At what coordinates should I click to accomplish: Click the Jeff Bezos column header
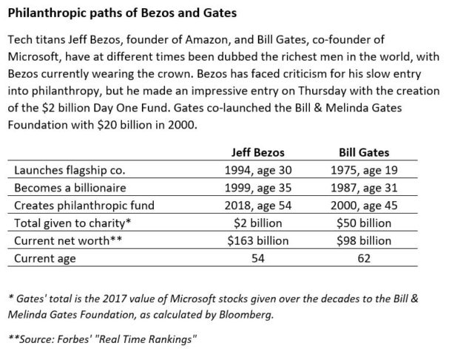tap(257, 152)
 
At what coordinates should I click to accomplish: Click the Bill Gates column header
tap(364, 152)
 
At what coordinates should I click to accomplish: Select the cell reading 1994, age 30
tap(258, 171)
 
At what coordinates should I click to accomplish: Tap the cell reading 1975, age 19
tap(364, 171)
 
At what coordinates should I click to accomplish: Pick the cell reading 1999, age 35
tap(258, 188)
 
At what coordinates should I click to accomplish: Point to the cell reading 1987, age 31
tap(364, 188)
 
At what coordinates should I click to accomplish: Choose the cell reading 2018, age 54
tap(258, 206)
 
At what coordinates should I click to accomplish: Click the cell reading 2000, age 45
tap(364, 206)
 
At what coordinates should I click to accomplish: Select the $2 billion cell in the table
tap(257, 223)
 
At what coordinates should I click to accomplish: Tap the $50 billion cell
tap(364, 223)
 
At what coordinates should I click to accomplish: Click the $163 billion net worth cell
tap(258, 240)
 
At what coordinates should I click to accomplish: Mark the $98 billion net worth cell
tap(364, 240)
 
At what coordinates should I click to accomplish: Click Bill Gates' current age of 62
tap(364, 259)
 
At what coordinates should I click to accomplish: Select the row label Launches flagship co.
tap(70, 171)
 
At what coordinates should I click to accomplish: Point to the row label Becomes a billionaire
tap(70, 188)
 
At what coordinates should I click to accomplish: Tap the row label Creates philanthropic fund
tap(84, 206)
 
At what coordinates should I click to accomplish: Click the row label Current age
tap(45, 259)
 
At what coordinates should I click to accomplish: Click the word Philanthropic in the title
tap(44, 13)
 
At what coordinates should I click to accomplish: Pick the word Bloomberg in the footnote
tap(246, 315)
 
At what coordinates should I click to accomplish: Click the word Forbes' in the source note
tap(72, 339)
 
